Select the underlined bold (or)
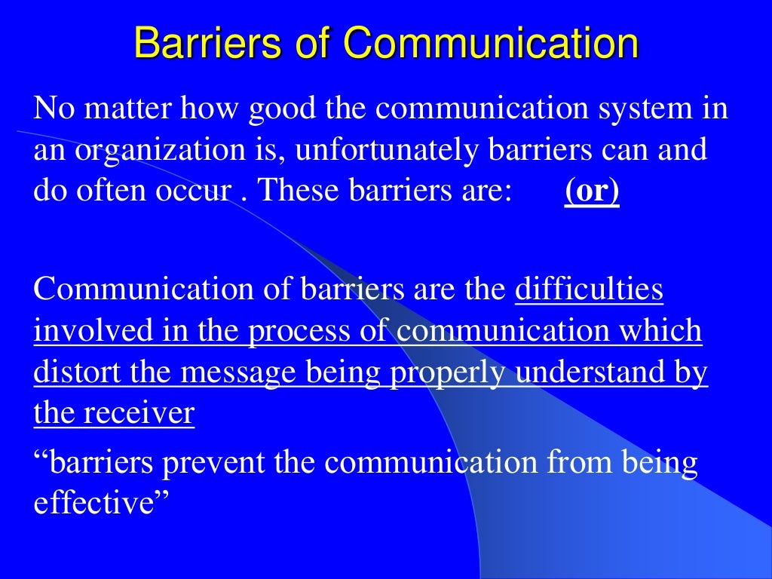click(x=592, y=191)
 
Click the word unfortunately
click(x=387, y=151)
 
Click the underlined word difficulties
click(x=589, y=290)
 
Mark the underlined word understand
click(x=587, y=373)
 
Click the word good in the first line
click(x=281, y=109)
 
